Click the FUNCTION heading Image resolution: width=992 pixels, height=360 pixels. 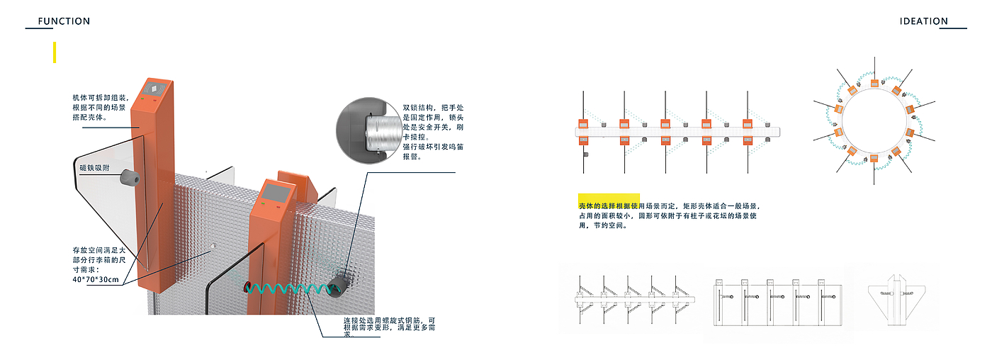tap(64, 21)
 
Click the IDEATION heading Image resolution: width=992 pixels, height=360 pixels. tap(924, 21)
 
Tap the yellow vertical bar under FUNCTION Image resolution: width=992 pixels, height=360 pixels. tap(55, 52)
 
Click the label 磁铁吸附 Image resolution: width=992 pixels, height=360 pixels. tap(94, 168)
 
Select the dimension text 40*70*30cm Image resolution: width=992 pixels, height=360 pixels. tap(96, 279)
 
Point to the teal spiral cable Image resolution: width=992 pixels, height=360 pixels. tap(290, 288)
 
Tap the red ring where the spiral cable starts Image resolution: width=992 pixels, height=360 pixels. tap(247, 287)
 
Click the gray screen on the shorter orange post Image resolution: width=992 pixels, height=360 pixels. tap(276, 192)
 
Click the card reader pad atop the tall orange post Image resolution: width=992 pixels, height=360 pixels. tap(154, 89)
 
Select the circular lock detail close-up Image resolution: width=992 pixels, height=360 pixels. tap(369, 130)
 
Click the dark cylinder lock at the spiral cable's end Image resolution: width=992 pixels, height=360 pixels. tap(337, 286)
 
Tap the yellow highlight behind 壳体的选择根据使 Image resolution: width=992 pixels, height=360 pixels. tap(609, 201)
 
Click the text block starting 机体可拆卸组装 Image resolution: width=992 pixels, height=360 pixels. tap(101, 107)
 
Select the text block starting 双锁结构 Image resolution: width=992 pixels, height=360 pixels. tap(433, 132)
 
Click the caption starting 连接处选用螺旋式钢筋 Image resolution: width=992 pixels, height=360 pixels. tap(390, 327)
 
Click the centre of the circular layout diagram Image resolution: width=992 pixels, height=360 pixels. tap(874, 120)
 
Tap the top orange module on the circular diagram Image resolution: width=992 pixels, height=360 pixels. tap(874, 83)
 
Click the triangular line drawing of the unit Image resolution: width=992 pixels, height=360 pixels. tap(896, 299)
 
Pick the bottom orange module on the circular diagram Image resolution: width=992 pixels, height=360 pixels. tap(874, 158)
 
